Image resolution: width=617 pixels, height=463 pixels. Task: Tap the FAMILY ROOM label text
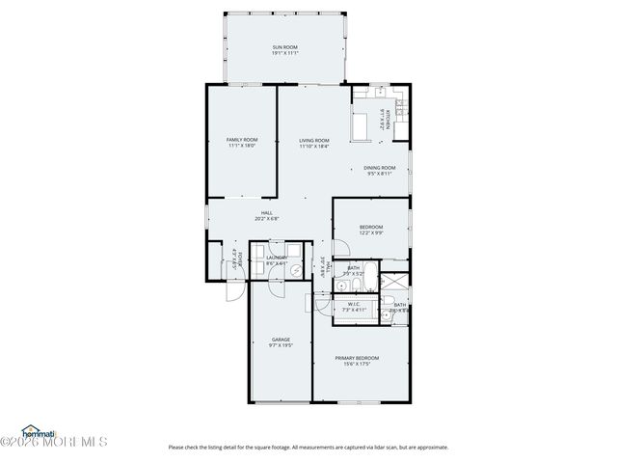[x=242, y=140]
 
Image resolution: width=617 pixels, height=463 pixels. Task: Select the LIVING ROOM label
[x=314, y=140]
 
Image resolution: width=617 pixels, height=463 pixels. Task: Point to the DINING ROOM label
[x=379, y=167]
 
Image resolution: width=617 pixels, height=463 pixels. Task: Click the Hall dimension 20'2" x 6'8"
[x=267, y=219]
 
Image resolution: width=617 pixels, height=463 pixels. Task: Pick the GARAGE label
[x=281, y=340]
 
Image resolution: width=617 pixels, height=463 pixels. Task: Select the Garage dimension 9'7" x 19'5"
[x=281, y=346]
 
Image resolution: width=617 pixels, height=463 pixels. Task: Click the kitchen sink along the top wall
[x=379, y=93]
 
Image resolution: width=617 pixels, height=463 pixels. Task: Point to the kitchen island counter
[x=362, y=125]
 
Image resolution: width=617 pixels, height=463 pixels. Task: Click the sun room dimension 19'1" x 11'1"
[x=284, y=53]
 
